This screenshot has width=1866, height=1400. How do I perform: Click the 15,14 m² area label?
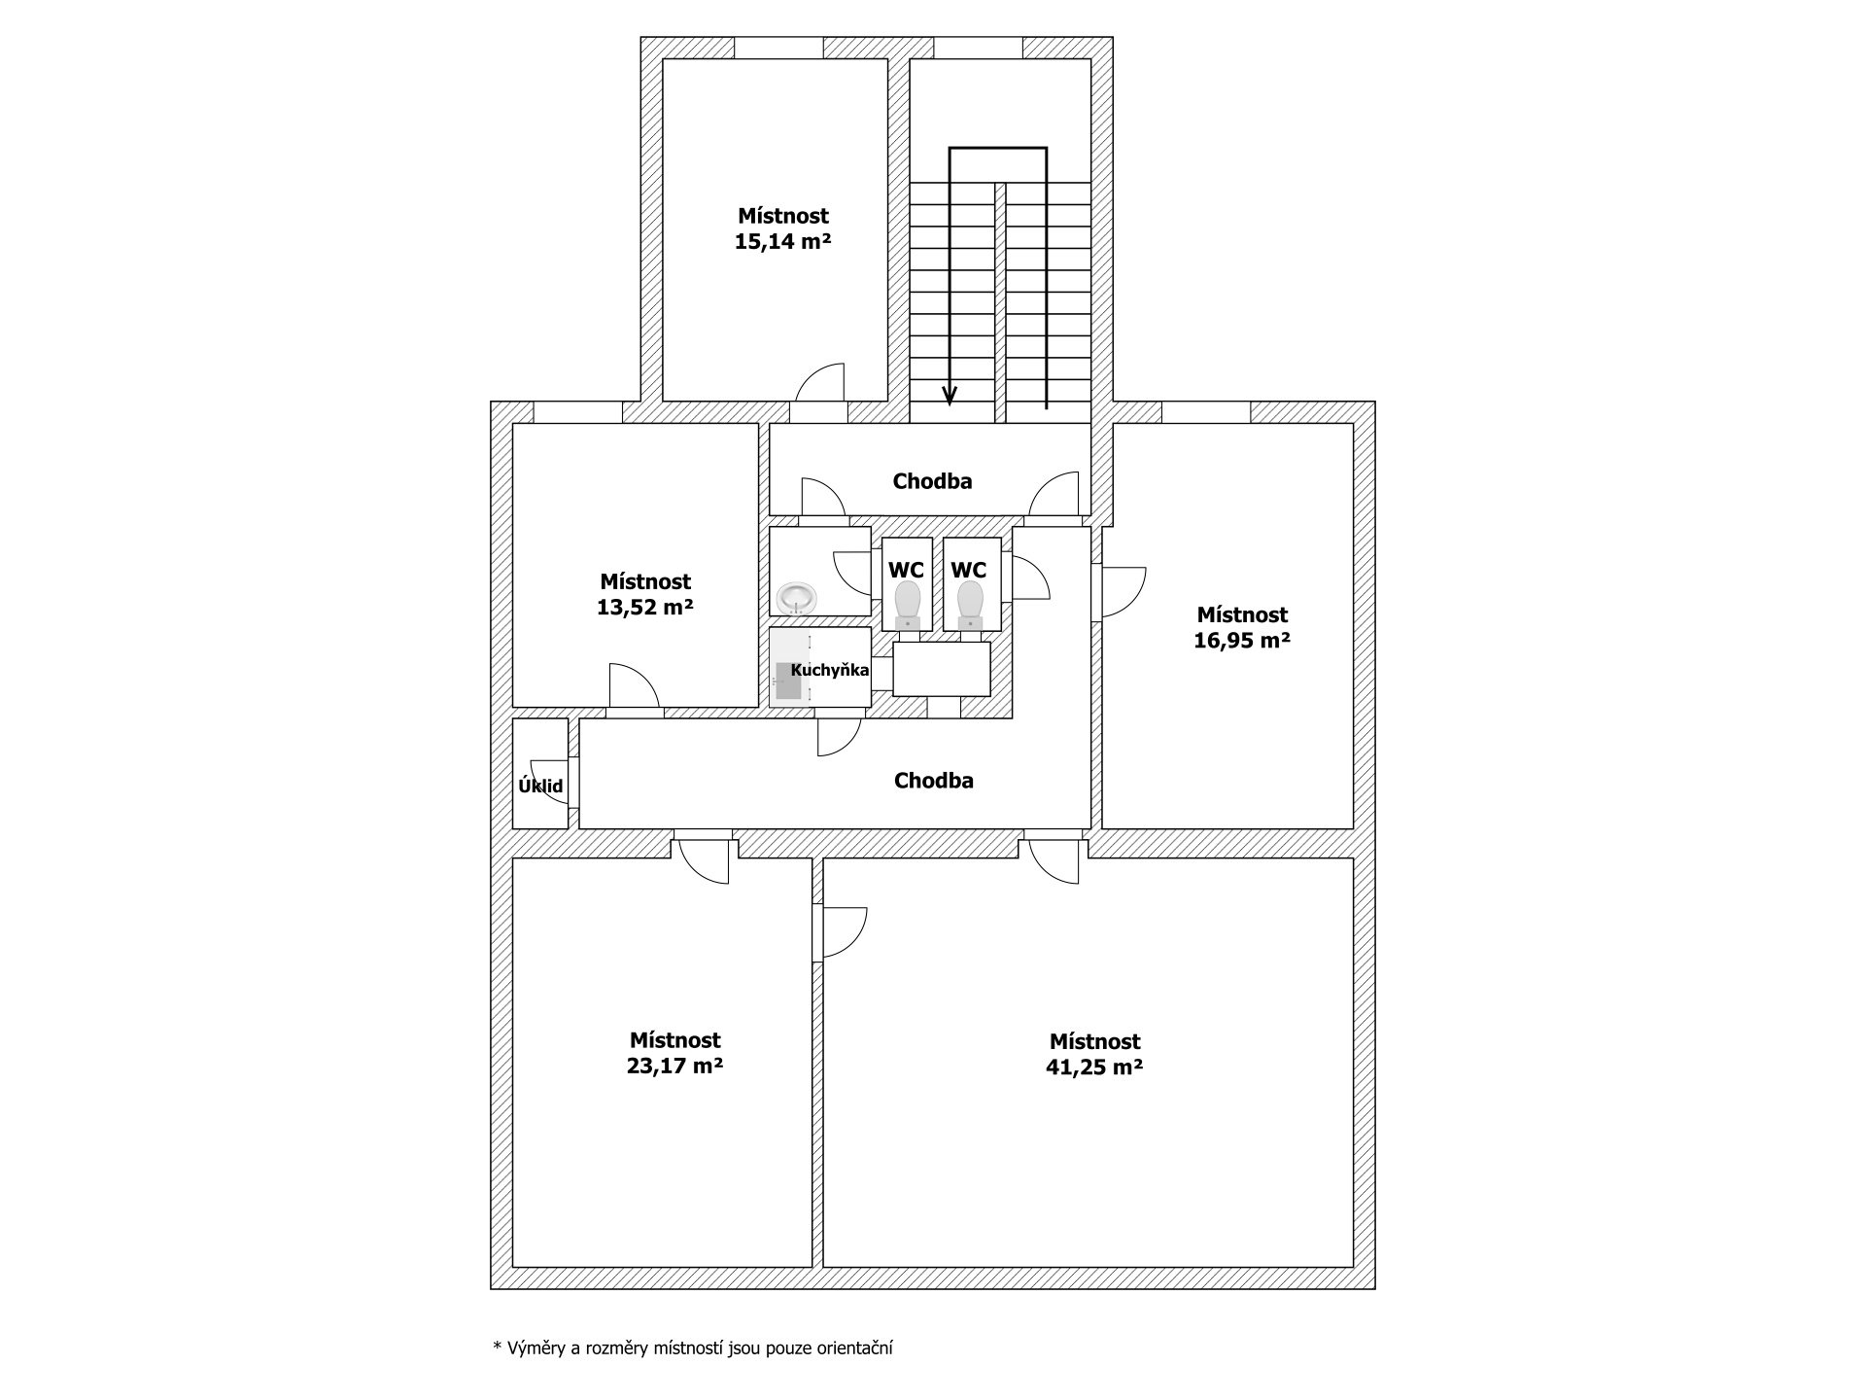click(x=782, y=242)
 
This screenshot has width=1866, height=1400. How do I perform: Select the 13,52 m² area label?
click(x=644, y=608)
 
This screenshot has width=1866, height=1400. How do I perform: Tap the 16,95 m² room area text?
click(x=1242, y=641)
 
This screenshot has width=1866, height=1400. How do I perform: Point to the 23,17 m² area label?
click(x=674, y=1066)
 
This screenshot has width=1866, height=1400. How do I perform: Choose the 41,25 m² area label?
click(x=1094, y=1067)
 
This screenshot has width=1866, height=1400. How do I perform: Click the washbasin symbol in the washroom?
click(x=797, y=596)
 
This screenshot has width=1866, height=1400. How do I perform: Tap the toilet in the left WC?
click(x=908, y=605)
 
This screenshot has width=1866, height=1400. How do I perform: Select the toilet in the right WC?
click(x=970, y=605)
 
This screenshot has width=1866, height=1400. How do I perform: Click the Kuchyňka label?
click(x=830, y=670)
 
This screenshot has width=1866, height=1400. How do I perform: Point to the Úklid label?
click(x=540, y=786)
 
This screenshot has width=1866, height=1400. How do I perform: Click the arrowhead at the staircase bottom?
click(x=950, y=395)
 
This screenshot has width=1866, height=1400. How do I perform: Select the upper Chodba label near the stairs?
click(x=932, y=481)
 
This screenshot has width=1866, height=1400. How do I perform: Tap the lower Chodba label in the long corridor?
click(x=934, y=781)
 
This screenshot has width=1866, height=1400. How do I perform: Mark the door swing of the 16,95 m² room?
click(x=1123, y=592)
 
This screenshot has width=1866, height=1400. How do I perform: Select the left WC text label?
click(x=907, y=570)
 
